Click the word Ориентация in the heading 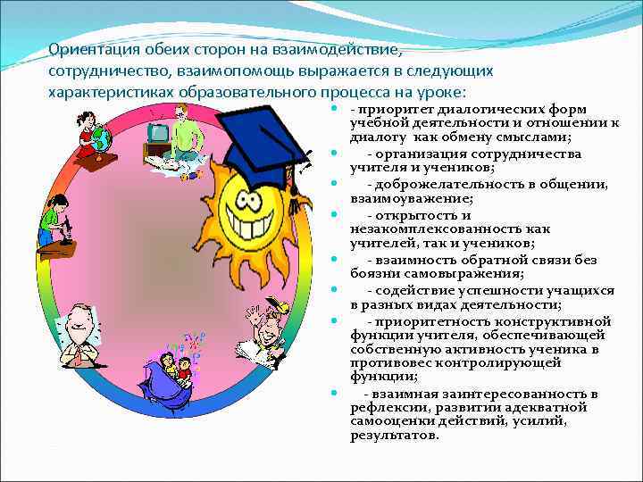pyautogui.click(x=88, y=50)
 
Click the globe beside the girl pyautogui.click(x=100, y=139)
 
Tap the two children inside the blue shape pyautogui.click(x=174, y=371)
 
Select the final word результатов pyautogui.click(x=395, y=436)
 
